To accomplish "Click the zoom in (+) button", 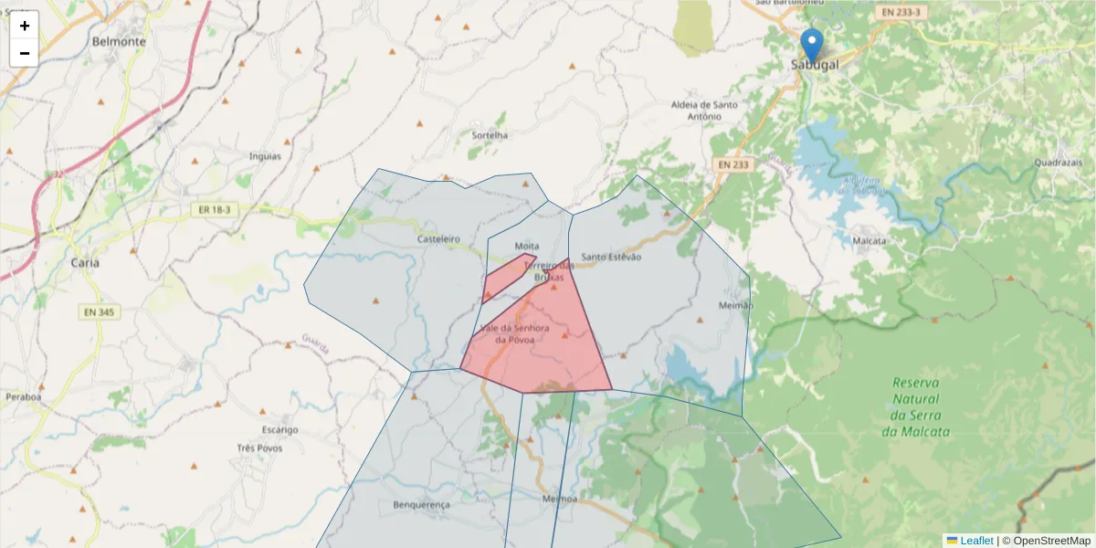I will pyautogui.click(x=25, y=26).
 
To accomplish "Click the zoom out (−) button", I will pyautogui.click(x=25, y=53).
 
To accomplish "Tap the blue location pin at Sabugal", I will pyautogui.click(x=811, y=44).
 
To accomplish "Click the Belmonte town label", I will pyautogui.click(x=119, y=41).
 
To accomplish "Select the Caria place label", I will pyautogui.click(x=85, y=262).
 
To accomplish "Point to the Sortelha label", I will pyautogui.click(x=489, y=135).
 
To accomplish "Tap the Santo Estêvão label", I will pyautogui.click(x=611, y=257).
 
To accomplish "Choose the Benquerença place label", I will pyautogui.click(x=421, y=505).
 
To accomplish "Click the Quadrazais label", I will pyautogui.click(x=1059, y=163).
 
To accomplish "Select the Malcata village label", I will pyautogui.click(x=869, y=240).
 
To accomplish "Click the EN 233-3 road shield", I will pyautogui.click(x=901, y=13).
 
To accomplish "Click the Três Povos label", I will pyautogui.click(x=259, y=448).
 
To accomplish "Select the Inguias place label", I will pyautogui.click(x=265, y=156).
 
